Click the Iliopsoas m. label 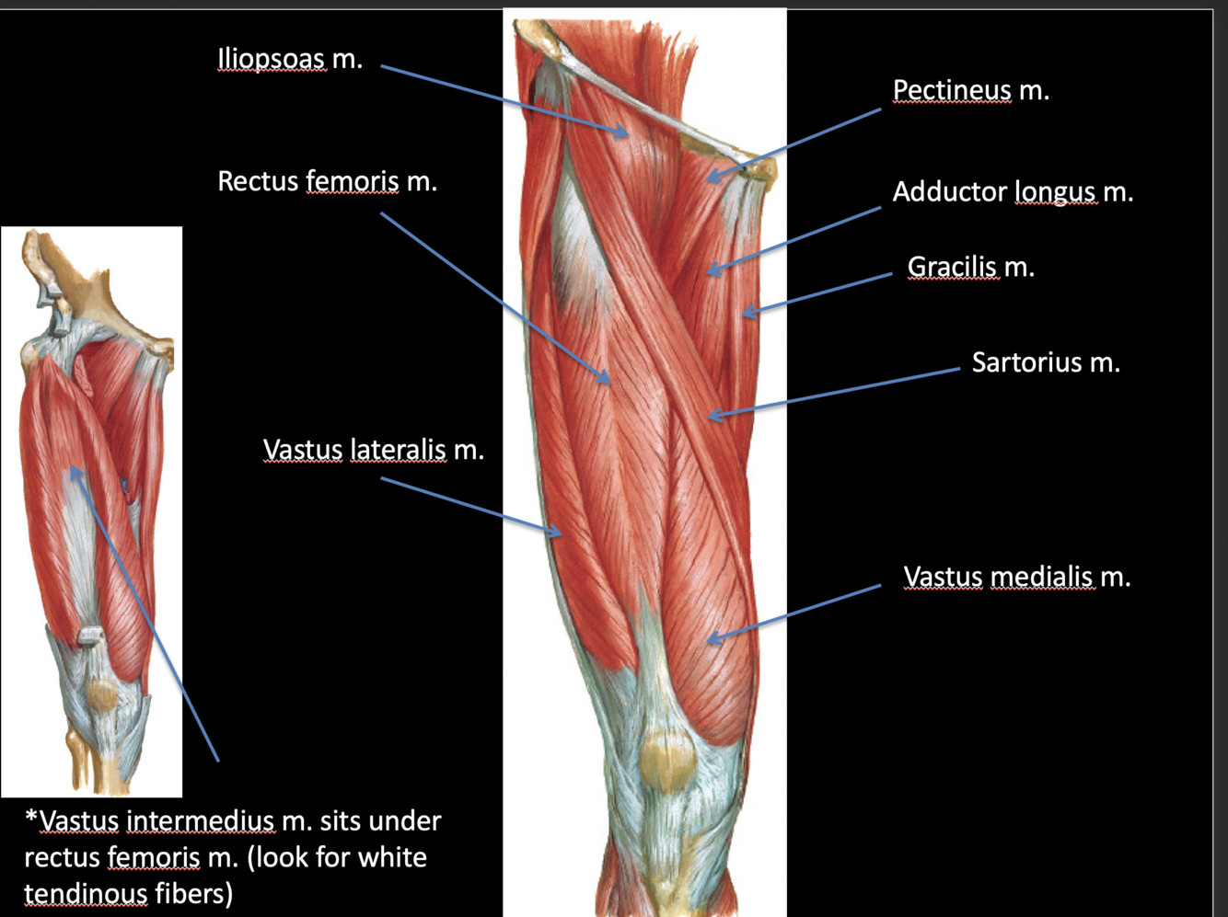coord(289,60)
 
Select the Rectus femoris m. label coord(327,181)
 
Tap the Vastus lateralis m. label coord(373,450)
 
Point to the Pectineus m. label coord(970,90)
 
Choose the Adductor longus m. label coord(1013,191)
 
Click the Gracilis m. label coord(970,267)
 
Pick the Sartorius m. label coord(1046,362)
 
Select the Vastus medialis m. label coord(1016,577)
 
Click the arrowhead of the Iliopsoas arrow coord(625,133)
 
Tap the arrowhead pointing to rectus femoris coord(606,379)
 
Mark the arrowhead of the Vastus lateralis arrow coord(557,533)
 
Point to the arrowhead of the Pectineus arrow coord(712,176)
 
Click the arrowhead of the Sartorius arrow coord(711,417)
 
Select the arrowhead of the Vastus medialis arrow coord(711,637)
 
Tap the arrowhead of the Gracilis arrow coord(747,313)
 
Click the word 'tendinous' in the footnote coord(85,893)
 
